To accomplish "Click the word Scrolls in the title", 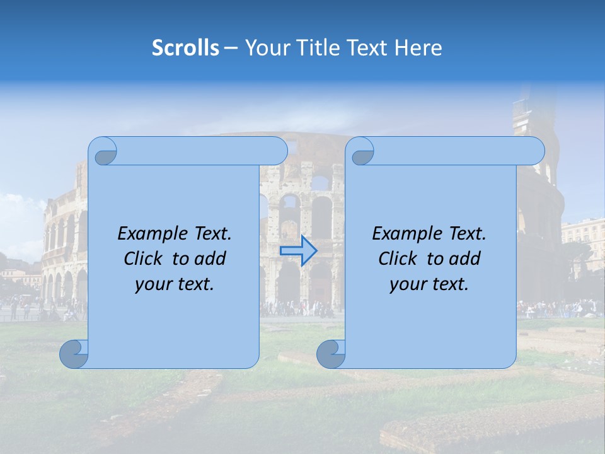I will pos(185,48).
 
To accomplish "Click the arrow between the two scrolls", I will pos(299,251).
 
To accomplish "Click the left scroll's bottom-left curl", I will pos(74,354).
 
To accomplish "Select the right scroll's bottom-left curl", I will pos(331,354).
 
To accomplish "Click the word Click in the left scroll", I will pos(143,259).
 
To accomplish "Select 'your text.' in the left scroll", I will pos(175,284).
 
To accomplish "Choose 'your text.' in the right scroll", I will pos(429,284).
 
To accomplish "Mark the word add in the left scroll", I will pos(210,259).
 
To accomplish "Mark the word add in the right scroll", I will pos(464,259).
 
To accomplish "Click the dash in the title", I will pos(231,48).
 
